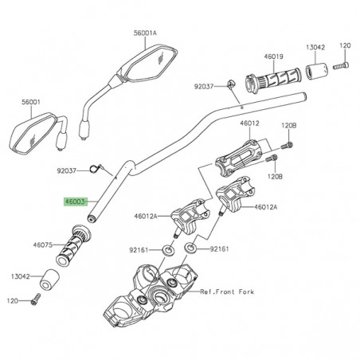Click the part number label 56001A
[x=146, y=34]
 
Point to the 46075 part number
[x=43, y=245]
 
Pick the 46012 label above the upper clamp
[x=250, y=124]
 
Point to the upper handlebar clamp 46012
[x=240, y=154]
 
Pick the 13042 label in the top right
[x=317, y=47]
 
